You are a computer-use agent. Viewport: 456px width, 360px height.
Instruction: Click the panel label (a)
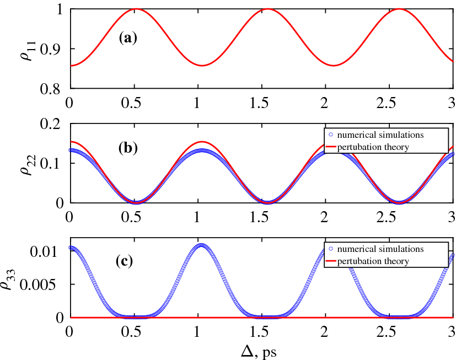[128, 38]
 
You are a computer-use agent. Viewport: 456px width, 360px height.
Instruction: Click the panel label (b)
[128, 148]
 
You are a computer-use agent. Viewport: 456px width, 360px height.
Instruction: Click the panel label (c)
[128, 261]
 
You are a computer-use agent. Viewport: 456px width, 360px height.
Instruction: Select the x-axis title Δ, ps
[260, 350]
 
